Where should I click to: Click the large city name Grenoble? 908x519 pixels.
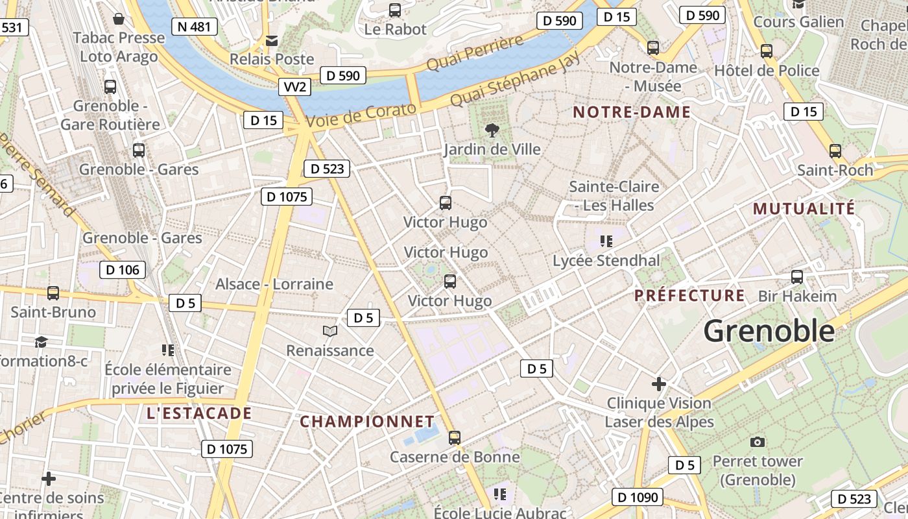769,331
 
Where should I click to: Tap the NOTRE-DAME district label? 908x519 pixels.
631,112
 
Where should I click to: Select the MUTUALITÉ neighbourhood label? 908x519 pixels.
804,209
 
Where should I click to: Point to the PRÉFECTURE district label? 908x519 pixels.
689,296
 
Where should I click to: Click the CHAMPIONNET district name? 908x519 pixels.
366,422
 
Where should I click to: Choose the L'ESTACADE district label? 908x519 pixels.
198,413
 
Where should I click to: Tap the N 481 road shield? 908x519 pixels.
194,27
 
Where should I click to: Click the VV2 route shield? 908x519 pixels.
294,87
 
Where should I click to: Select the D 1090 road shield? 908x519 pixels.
638,498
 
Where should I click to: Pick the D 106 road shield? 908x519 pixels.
123,270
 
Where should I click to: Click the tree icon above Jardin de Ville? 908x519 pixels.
492,130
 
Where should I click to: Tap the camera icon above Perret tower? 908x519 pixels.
757,442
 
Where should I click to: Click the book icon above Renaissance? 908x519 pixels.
330,332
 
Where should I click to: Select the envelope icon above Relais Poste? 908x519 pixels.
272,41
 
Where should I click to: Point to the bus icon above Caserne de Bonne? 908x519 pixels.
455,438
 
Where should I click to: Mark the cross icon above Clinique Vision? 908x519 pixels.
659,384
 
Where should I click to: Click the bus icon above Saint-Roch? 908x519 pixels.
835,151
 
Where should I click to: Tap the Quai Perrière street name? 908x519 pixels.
475,54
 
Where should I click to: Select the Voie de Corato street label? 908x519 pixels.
361,115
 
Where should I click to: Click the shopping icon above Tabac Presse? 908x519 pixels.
119,18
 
